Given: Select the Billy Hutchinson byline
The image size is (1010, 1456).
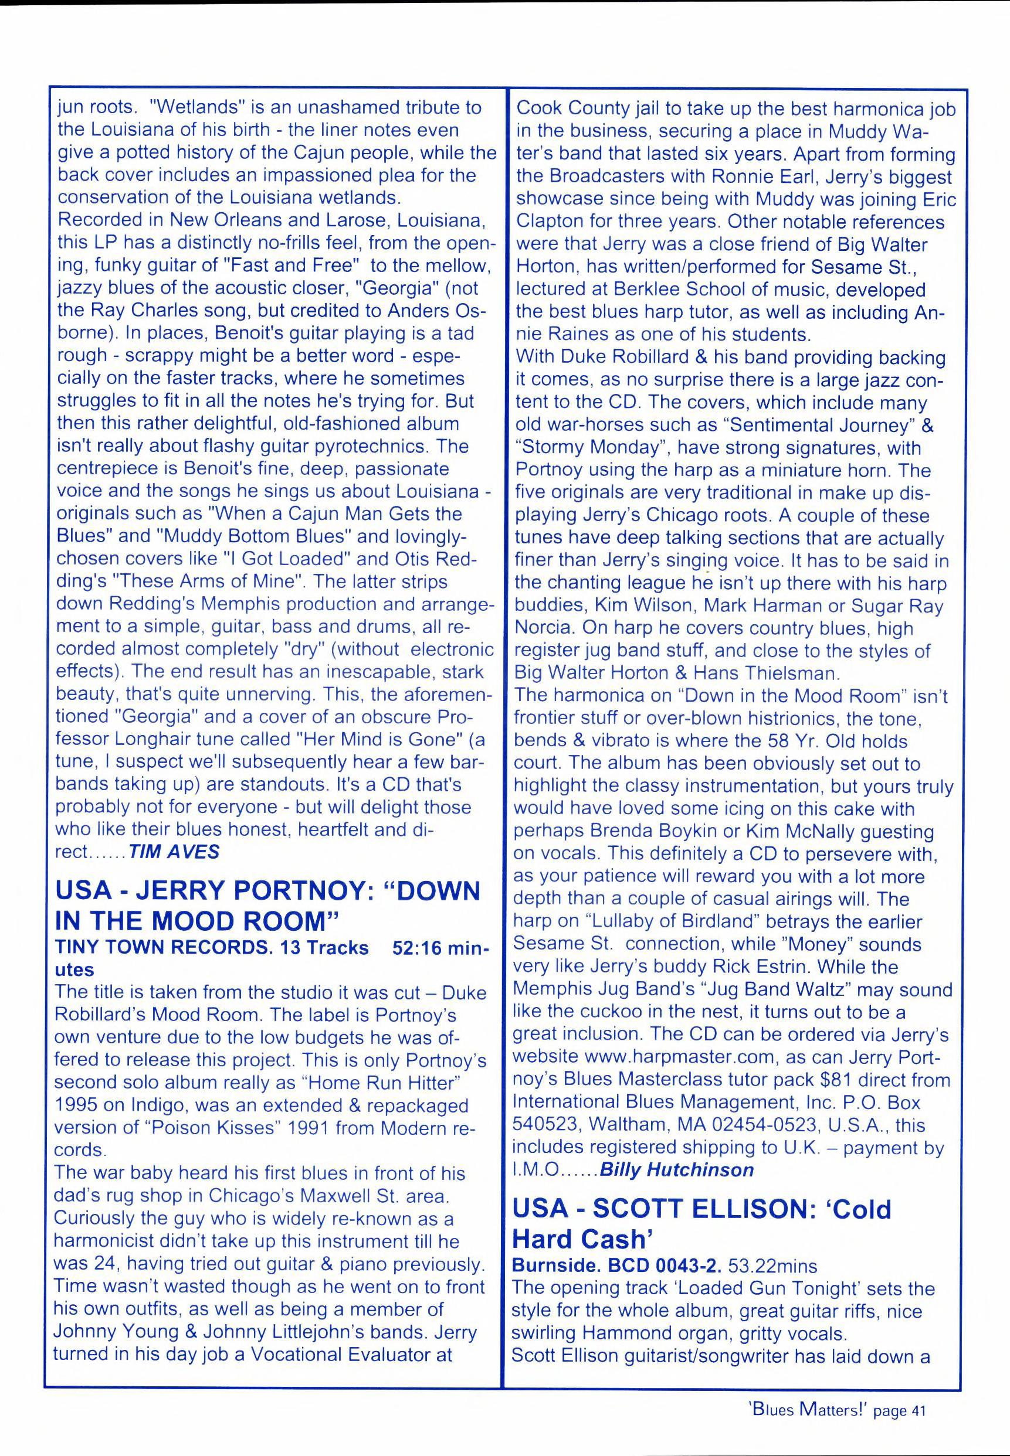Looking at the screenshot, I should [x=676, y=1169].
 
